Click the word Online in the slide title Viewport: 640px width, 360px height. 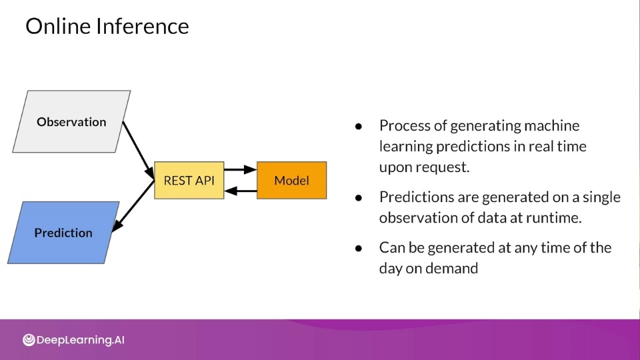tap(58, 26)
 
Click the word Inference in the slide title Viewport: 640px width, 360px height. tap(143, 26)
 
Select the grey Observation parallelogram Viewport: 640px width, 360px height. tap(71, 121)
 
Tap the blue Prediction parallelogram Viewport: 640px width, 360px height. tap(63, 233)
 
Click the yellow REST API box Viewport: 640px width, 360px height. tap(189, 181)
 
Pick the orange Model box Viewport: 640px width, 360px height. tap(291, 181)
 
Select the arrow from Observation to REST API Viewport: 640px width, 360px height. tap(139, 150)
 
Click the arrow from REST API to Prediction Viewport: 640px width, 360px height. tap(133, 206)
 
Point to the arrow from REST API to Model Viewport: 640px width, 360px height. tap(241, 169)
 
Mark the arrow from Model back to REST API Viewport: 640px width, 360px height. tap(241, 191)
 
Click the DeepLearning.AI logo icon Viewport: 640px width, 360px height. tap(29, 339)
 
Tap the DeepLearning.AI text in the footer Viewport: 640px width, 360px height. tap(81, 340)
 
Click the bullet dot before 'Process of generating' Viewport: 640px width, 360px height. tap(359, 127)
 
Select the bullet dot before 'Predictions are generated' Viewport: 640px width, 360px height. tap(359, 198)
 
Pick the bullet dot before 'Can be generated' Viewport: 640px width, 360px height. tap(359, 249)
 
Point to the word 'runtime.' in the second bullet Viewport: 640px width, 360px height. tap(553, 217)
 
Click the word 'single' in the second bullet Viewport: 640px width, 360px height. tap(601, 197)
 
